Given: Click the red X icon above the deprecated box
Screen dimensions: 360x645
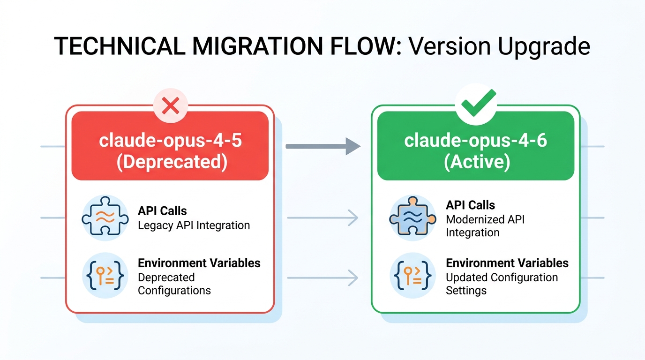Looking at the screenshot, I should click(170, 106).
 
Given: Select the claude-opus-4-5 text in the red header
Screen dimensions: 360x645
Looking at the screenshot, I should click(170, 140).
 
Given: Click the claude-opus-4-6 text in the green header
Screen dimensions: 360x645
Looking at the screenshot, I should click(475, 140).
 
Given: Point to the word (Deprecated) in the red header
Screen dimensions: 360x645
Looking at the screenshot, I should click(170, 162).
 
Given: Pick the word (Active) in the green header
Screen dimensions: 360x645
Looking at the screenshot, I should click(475, 162).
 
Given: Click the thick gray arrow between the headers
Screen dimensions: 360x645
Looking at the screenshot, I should click(323, 146).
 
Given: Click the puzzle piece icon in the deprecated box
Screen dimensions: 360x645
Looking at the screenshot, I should click(105, 218).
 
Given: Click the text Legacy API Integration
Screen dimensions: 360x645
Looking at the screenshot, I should click(194, 225).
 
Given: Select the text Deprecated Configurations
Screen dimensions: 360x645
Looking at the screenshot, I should click(174, 284).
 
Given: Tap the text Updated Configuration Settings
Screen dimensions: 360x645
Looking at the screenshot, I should click(502, 284).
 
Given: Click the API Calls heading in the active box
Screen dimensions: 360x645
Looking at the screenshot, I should click(470, 205).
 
